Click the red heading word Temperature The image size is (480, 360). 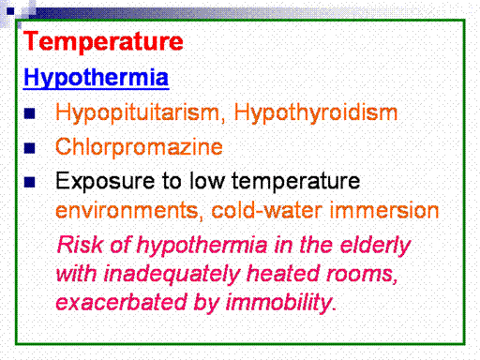tap(103, 41)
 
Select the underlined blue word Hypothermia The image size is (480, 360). tap(97, 78)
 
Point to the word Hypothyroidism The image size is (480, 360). tap(316, 113)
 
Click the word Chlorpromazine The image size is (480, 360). tap(139, 146)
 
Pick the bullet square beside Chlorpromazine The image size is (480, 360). tap(29, 147)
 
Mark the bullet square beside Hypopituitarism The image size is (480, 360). tap(29, 113)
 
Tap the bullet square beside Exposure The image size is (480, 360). tap(29, 182)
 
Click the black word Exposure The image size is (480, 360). tap(105, 182)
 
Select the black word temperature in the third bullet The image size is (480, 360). tap(296, 181)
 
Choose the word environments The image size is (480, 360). tap(127, 211)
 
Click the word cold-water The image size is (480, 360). tap(266, 210)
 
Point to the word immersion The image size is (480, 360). tap(384, 210)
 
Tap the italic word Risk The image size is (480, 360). tap(80, 245)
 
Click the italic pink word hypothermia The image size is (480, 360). tap(202, 246)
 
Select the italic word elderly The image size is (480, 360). tap(375, 246)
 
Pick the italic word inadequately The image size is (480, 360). tap(172, 275)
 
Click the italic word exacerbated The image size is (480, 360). tap(121, 302)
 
